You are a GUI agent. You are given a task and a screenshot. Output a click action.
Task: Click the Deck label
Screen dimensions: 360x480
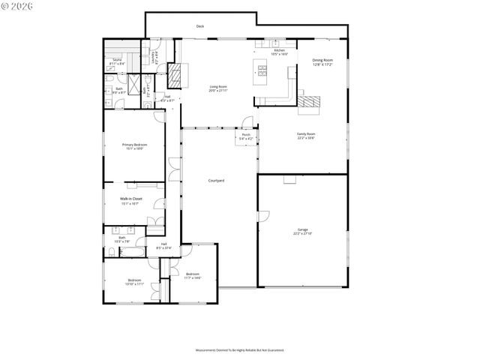pyautogui.click(x=200, y=26)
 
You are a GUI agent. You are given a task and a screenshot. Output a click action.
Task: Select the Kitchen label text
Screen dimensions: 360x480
pyautogui.click(x=279, y=52)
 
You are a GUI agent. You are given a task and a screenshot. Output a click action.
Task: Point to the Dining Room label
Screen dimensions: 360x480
pyautogui.click(x=322, y=61)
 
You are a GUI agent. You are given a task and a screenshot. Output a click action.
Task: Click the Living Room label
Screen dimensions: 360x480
pyautogui.click(x=218, y=88)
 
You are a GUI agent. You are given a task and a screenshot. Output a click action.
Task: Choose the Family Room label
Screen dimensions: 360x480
pyautogui.click(x=305, y=135)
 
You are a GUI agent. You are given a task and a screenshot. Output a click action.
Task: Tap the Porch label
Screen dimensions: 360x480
pyautogui.click(x=246, y=137)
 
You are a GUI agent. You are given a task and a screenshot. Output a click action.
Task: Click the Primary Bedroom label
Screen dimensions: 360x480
pyautogui.click(x=134, y=146)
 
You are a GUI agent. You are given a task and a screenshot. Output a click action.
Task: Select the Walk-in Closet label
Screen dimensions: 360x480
pyautogui.click(x=131, y=200)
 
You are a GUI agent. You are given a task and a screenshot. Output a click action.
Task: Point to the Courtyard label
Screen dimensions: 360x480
pyautogui.click(x=217, y=181)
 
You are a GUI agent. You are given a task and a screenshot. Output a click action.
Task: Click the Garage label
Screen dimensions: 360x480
pyautogui.click(x=302, y=232)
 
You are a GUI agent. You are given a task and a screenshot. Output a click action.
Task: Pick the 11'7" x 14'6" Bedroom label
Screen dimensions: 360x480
pyautogui.click(x=192, y=275)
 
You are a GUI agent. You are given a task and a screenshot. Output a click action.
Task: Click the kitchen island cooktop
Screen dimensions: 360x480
pyautogui.click(x=262, y=71)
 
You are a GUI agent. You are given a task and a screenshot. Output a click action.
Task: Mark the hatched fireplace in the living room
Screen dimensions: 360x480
pyautogui.click(x=174, y=75)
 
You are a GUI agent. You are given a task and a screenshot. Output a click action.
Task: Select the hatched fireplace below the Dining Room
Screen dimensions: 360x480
pyautogui.click(x=308, y=103)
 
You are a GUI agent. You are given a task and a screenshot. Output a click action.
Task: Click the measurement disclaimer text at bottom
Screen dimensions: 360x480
pyautogui.click(x=240, y=349)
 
